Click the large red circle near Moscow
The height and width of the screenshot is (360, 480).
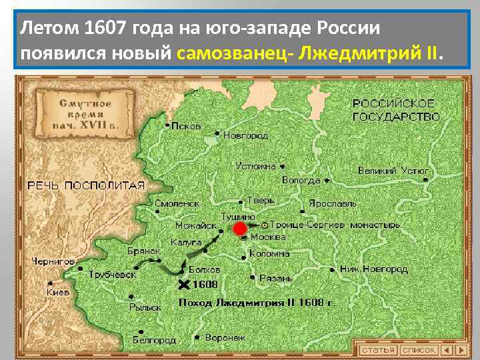tap(239, 230)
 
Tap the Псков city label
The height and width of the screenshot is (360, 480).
tap(186, 125)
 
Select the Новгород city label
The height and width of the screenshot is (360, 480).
tap(245, 135)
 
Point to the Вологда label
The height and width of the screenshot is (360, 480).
tap(301, 180)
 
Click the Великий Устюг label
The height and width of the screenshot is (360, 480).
tap(393, 171)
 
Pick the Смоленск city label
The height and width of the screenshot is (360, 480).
tap(177, 203)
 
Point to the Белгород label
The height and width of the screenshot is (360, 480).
tap(154, 340)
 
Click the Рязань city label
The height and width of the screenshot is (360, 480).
tap(275, 278)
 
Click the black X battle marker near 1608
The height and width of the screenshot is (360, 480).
tap(185, 285)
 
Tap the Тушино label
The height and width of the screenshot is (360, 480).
tap(239, 216)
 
